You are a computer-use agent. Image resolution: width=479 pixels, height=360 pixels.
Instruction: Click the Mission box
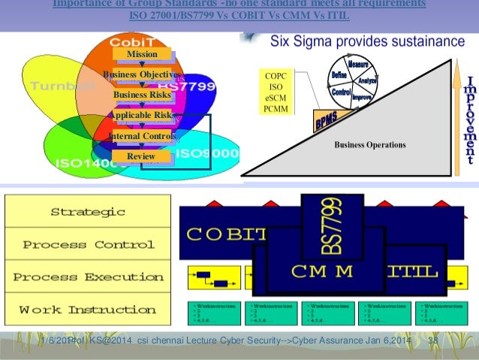(x=142, y=54)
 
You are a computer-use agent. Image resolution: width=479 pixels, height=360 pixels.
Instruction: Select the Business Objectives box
(x=142, y=74)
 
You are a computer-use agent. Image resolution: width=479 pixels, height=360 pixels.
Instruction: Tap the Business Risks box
(x=142, y=95)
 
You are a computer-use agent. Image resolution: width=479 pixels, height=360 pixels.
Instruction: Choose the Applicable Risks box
(x=142, y=115)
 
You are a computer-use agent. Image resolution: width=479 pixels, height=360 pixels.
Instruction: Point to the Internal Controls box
(x=142, y=136)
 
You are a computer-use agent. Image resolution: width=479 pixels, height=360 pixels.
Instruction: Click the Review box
(x=141, y=156)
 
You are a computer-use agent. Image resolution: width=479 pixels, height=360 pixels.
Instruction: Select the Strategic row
(x=88, y=211)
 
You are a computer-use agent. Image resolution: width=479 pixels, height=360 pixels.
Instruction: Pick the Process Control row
(x=88, y=244)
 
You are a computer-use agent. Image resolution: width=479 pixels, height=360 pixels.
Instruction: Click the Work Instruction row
(x=88, y=310)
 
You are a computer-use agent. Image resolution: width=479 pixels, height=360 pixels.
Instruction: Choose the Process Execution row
(x=88, y=277)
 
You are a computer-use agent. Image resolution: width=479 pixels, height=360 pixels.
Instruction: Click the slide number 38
(x=432, y=343)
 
